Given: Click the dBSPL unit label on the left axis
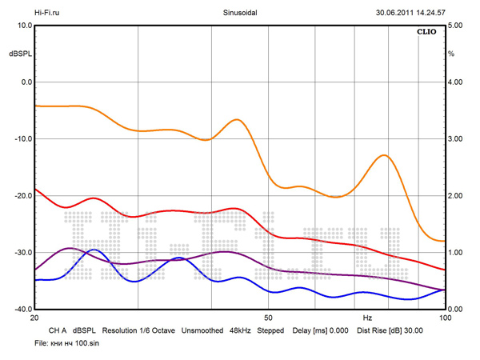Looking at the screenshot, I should (x=19, y=54).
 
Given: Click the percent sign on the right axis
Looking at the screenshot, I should (x=451, y=54).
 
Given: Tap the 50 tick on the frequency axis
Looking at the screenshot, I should (x=270, y=318).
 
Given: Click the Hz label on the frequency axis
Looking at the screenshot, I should (x=367, y=318).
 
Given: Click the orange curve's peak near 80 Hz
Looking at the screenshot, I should (x=385, y=155).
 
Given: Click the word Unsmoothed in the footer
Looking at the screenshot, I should (x=202, y=330).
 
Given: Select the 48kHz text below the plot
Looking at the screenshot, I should (x=241, y=330).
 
